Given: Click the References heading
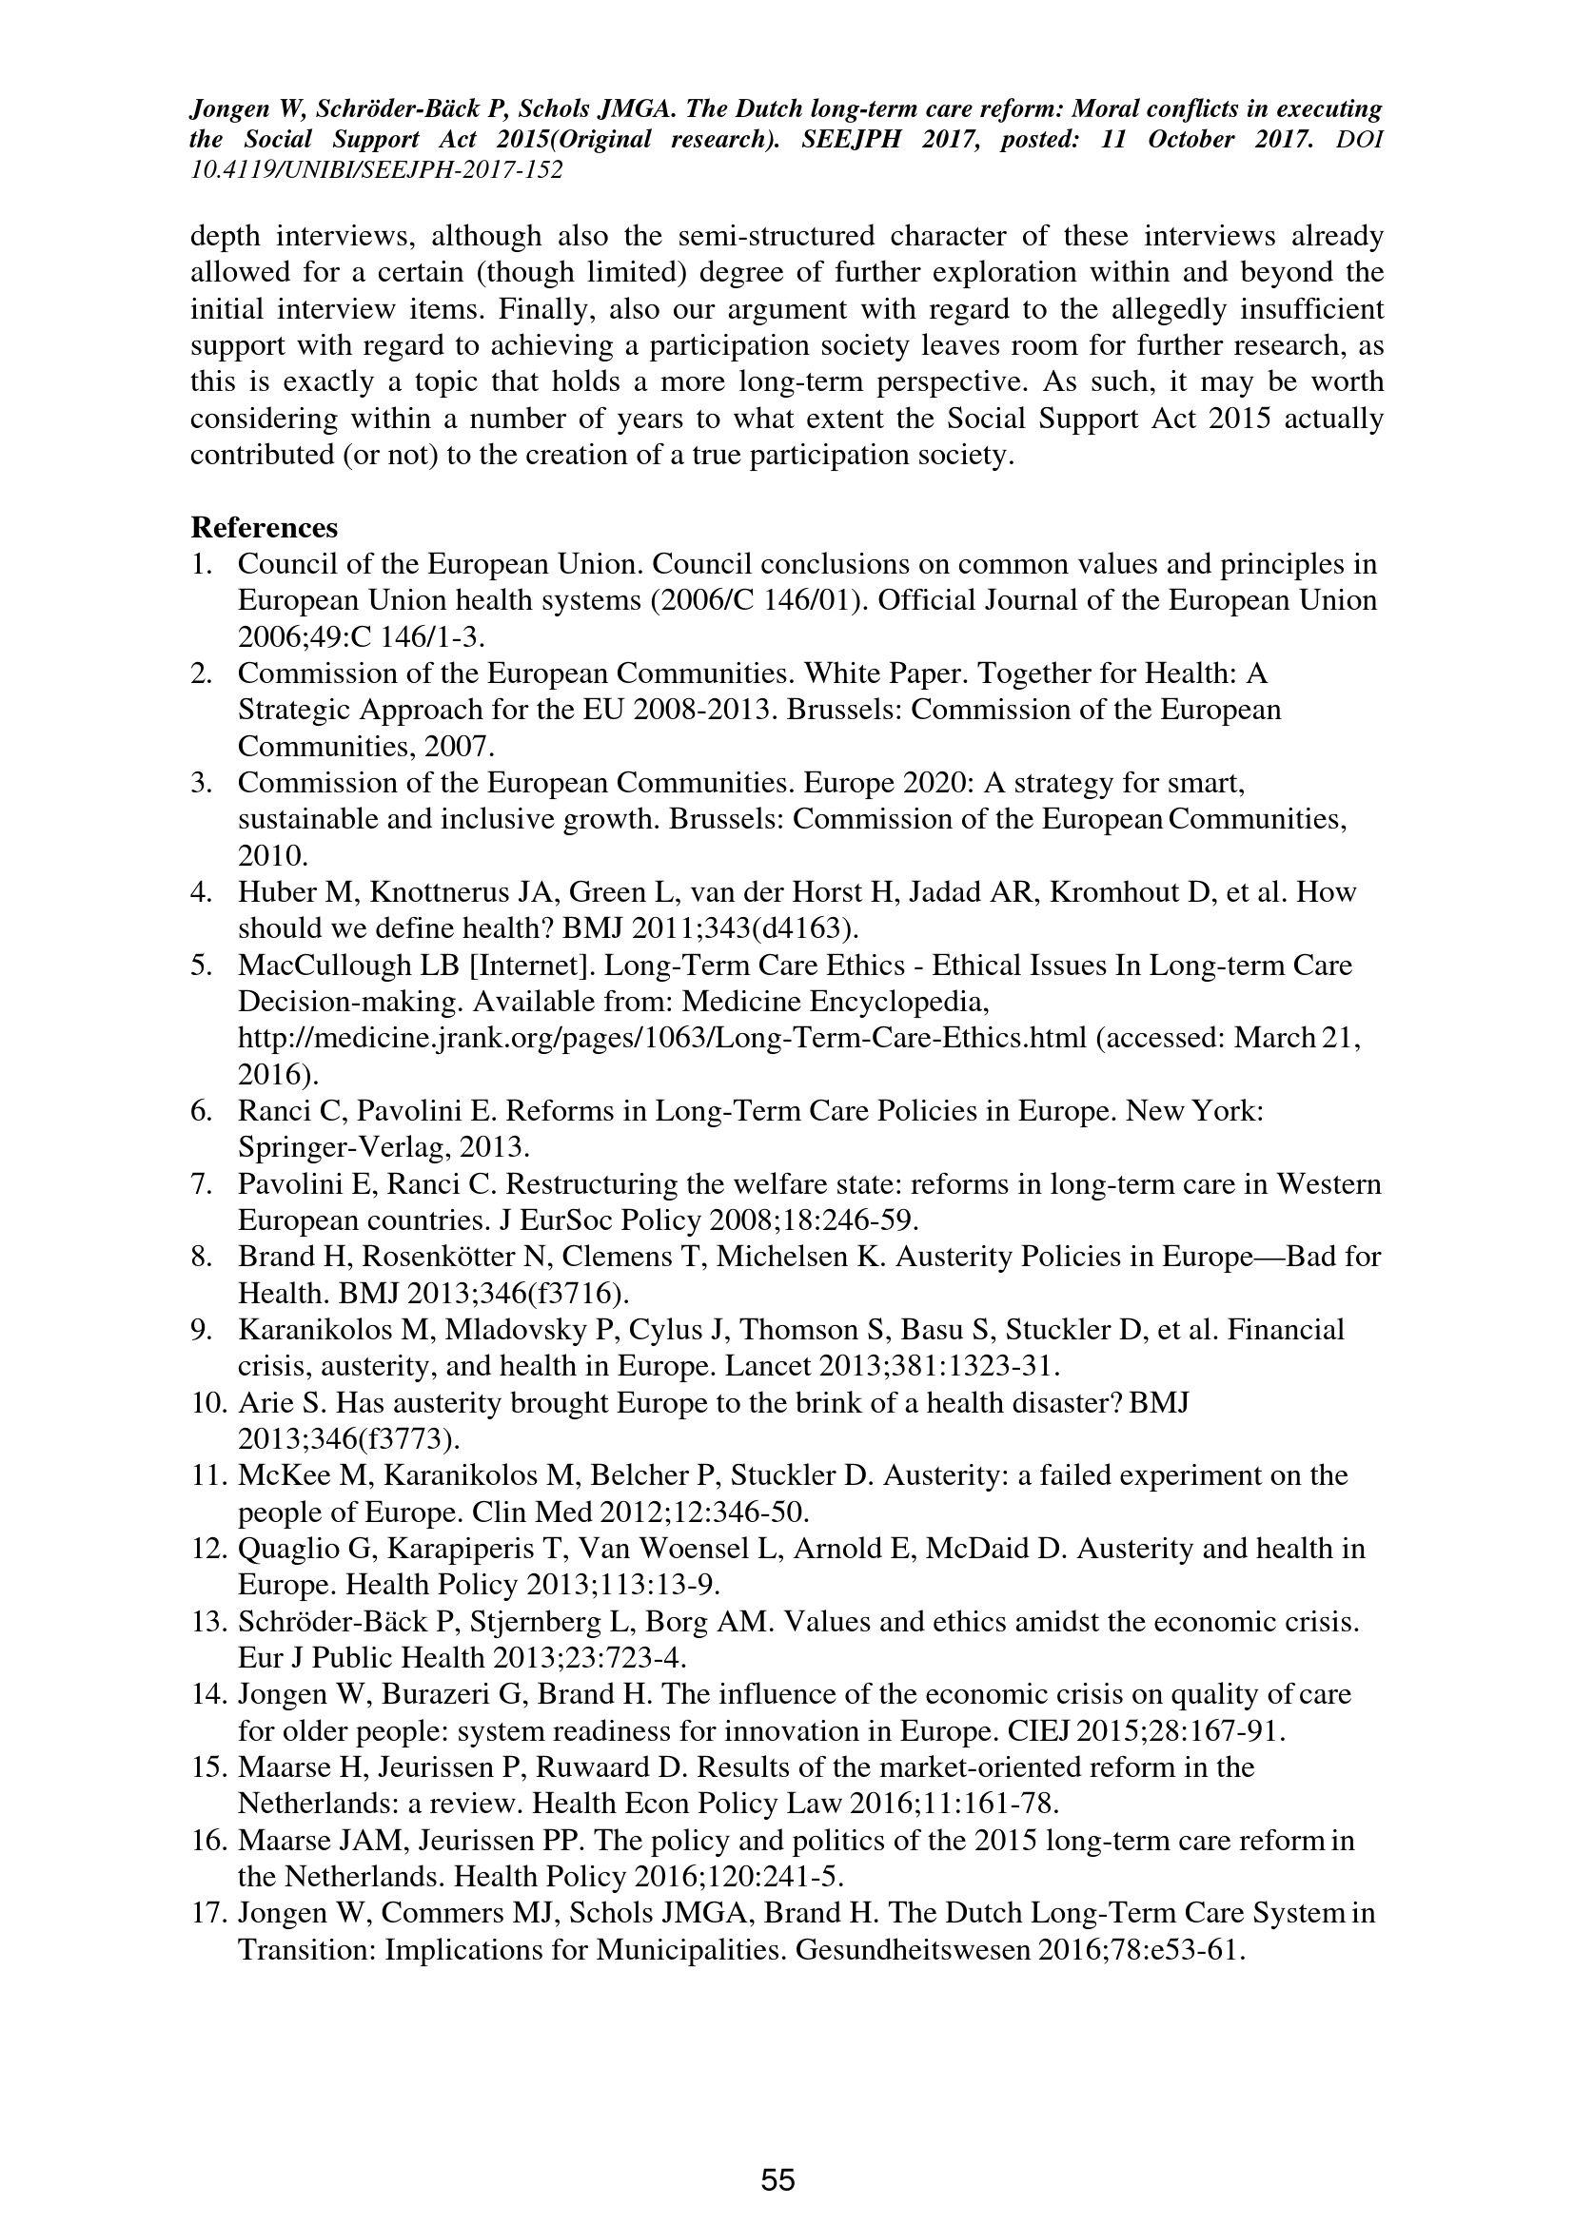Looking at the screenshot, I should click(264, 528).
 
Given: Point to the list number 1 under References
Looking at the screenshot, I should click(200, 564).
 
